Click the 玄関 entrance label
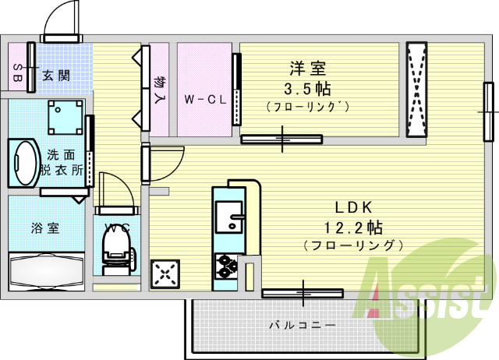[56, 76]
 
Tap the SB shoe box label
[17, 72]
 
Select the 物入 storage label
[158, 90]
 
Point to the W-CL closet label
[205, 100]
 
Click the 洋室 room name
[308, 69]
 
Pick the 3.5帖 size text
[307, 89]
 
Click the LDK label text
[353, 208]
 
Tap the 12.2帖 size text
[353, 228]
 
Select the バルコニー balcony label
[303, 325]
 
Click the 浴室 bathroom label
[45, 228]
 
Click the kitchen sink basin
[229, 217]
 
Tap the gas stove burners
[227, 266]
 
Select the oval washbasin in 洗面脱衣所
[24, 163]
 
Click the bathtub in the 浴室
[47, 271]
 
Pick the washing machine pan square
[65, 118]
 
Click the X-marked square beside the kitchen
[165, 274]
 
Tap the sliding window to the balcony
[303, 293]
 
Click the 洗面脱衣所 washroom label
[62, 163]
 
